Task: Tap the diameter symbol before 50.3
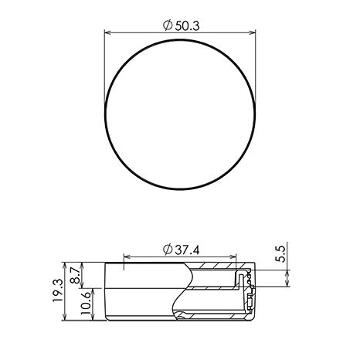tap(168, 25)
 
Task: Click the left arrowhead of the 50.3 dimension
tap(107, 32)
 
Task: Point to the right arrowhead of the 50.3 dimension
tap(253, 32)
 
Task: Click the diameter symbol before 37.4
tap(168, 250)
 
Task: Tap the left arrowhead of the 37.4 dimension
tap(127, 256)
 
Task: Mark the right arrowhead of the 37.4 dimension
tap(233, 256)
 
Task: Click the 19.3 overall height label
tap(58, 290)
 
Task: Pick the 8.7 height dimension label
tap(75, 275)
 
